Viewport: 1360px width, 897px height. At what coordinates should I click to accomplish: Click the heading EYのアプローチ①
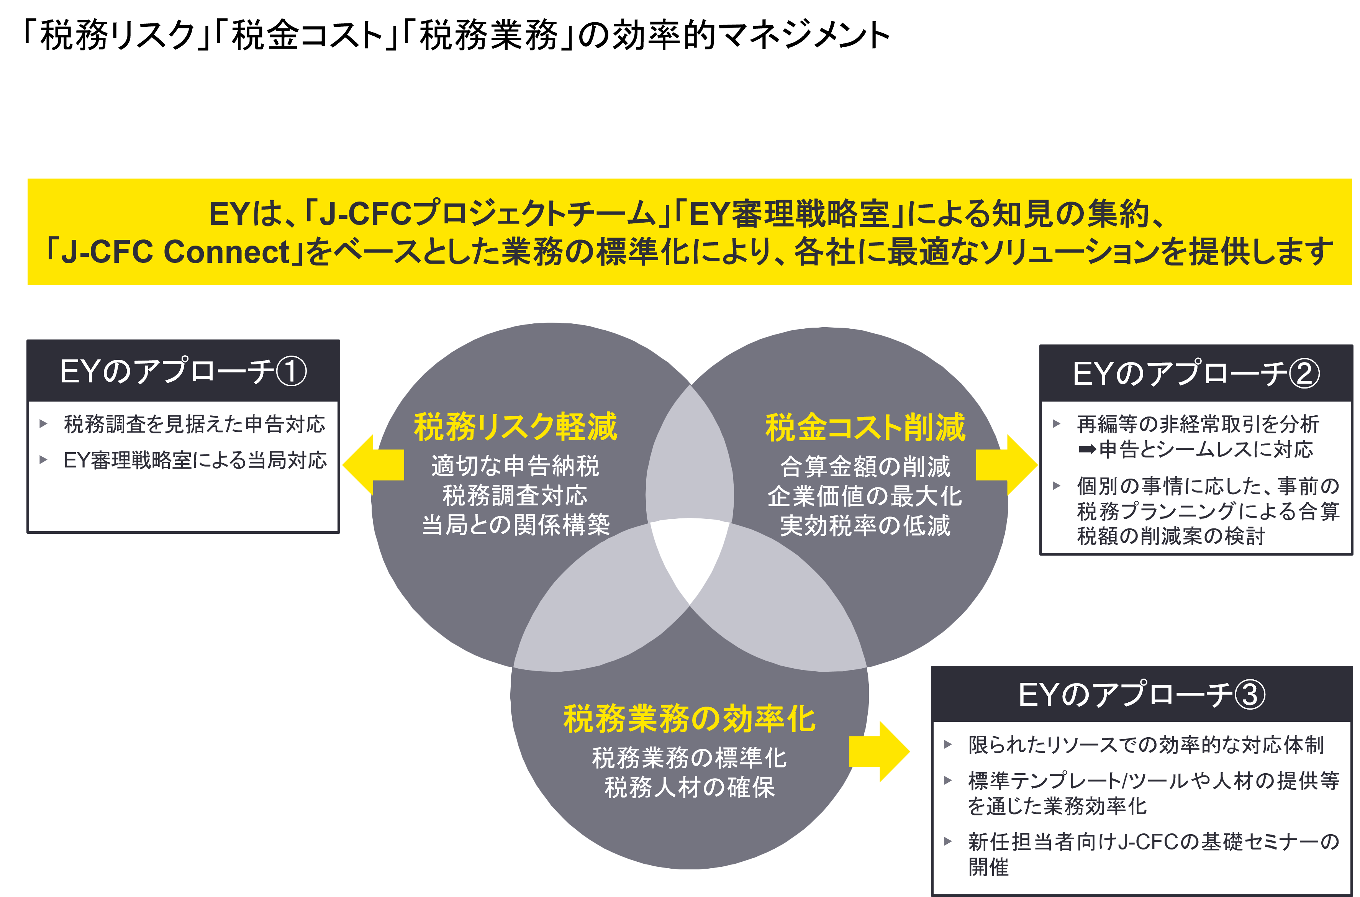point(183,371)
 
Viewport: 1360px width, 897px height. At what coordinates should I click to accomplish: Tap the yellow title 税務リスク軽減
point(515,427)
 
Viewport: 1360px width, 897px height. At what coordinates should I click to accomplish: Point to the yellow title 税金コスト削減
point(865,427)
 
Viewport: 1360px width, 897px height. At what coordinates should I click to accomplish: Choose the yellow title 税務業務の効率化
point(689,718)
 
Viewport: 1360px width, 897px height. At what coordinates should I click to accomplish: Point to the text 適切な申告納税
point(515,466)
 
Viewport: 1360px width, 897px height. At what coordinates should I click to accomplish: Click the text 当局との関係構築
point(515,525)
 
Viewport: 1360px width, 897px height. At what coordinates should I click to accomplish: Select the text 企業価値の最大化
point(865,496)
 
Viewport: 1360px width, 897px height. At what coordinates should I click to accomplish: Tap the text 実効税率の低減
point(865,525)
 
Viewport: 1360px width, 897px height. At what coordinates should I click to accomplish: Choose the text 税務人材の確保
point(689,788)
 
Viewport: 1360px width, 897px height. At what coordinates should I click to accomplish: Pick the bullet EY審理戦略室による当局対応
point(195,460)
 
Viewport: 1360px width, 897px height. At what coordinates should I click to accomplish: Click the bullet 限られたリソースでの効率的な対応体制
point(1145,744)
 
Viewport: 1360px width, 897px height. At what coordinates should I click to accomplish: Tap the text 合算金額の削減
point(865,467)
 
